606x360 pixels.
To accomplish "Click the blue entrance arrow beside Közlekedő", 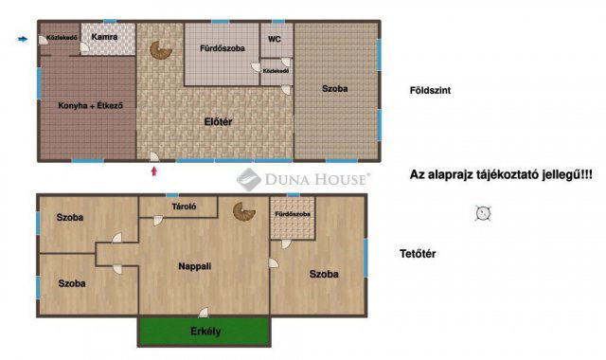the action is pyautogui.click(x=23, y=39).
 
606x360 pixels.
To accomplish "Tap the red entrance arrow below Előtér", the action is pyautogui.click(x=154, y=171).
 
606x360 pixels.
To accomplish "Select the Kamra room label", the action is pyautogui.click(x=104, y=37).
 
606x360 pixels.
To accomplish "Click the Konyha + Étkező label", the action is pyautogui.click(x=91, y=105).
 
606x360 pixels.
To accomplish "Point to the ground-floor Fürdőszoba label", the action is pyautogui.click(x=223, y=48).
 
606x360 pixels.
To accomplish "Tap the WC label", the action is pyautogui.click(x=275, y=39).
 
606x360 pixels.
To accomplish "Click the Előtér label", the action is pyautogui.click(x=218, y=122).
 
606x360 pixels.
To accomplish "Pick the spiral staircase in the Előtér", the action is pyautogui.click(x=160, y=50).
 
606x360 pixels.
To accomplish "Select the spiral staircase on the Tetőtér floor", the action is pyautogui.click(x=244, y=211).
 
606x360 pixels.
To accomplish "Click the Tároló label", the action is pyautogui.click(x=184, y=207).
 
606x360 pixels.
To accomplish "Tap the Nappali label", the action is pyautogui.click(x=195, y=266).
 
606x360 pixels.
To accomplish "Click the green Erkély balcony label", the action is pyautogui.click(x=205, y=332).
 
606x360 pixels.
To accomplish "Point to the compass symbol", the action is pyautogui.click(x=483, y=213).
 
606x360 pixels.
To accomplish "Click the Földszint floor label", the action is pyautogui.click(x=430, y=91).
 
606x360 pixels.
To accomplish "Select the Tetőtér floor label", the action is pyautogui.click(x=418, y=254).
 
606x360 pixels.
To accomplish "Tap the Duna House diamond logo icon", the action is pyautogui.click(x=248, y=179).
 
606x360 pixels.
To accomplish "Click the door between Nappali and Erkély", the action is pyautogui.click(x=204, y=313).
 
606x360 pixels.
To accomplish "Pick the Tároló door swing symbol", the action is pyautogui.click(x=158, y=221).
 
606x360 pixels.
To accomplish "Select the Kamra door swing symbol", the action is pyautogui.click(x=84, y=47).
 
